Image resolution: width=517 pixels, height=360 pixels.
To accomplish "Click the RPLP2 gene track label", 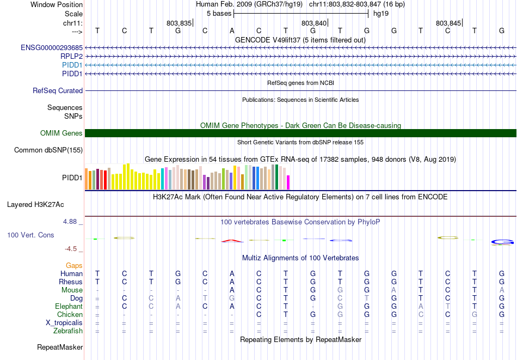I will tap(71, 56).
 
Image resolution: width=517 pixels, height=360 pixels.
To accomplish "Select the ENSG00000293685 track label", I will tap(52, 48).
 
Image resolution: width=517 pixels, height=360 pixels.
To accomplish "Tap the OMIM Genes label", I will tap(61, 133).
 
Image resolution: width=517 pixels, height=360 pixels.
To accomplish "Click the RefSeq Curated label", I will tap(58, 91).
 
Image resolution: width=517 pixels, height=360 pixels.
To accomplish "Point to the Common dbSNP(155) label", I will tap(48, 150).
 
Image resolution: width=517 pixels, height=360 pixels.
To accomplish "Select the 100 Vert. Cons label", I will tap(30, 235).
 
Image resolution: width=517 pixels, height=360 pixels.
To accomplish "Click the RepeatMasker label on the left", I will tap(60, 347).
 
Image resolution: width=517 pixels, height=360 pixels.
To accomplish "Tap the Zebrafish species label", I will tap(68, 331).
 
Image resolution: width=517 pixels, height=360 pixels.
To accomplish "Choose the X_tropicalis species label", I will tap(64, 322).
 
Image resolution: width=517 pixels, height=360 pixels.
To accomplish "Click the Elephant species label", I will tap(69, 306).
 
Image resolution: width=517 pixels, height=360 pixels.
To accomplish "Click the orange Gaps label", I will tap(74, 265).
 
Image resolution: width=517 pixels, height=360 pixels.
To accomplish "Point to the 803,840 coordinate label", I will tap(314, 23).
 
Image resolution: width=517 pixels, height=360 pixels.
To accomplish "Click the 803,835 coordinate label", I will tap(179, 23).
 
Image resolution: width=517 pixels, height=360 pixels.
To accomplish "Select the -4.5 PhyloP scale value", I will tap(71, 249).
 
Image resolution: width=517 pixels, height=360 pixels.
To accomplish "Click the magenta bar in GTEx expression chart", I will tap(288, 182).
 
